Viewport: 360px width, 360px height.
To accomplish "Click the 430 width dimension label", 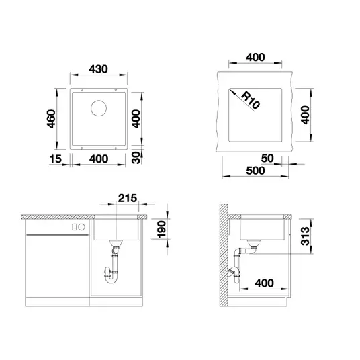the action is [x=98, y=69].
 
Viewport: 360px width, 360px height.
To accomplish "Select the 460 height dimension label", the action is [x=51, y=119].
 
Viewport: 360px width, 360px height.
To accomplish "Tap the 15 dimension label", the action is [x=56, y=159].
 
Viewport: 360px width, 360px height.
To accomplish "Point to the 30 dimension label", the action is [x=136, y=157].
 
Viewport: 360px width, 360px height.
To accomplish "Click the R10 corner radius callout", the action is [x=251, y=100].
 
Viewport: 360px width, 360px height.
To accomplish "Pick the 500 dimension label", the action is [x=255, y=171].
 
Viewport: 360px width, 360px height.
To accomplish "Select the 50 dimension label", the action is [x=267, y=159].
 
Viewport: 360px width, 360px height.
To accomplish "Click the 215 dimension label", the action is [x=128, y=198].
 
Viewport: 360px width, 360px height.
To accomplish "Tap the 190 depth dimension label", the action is [x=162, y=229].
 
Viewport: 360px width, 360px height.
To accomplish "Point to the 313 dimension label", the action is [x=306, y=236].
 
